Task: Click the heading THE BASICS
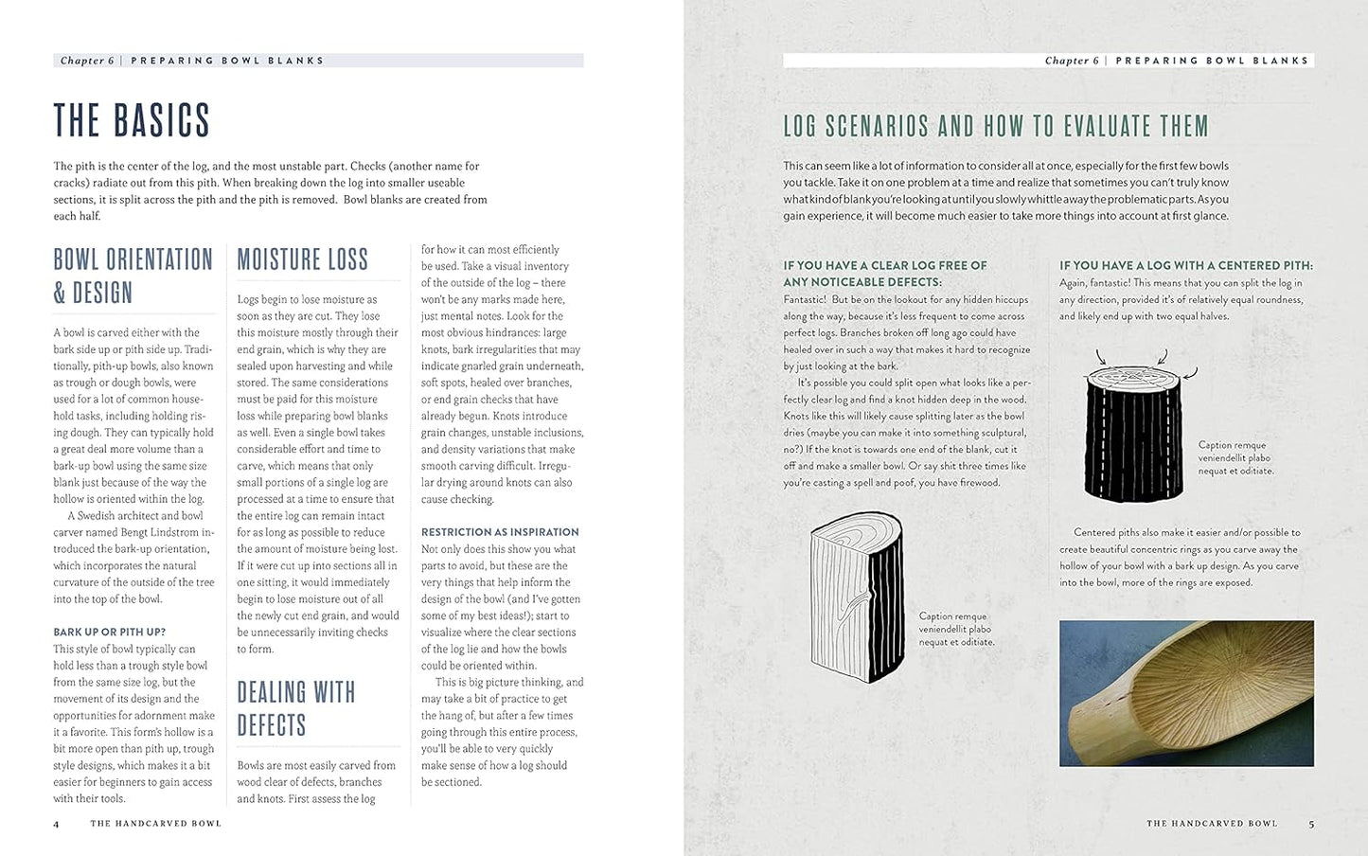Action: (x=132, y=120)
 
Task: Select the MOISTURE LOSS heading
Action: (x=302, y=259)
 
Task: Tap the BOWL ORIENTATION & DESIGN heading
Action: (x=133, y=276)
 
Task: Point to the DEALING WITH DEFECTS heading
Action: (x=295, y=708)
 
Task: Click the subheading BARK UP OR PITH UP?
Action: (x=109, y=632)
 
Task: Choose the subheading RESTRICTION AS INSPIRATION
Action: (x=499, y=532)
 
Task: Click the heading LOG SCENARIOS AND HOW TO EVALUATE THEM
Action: (x=996, y=126)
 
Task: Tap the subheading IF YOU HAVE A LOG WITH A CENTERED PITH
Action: (x=1185, y=266)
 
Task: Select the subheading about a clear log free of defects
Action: (x=884, y=274)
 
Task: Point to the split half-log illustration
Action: (x=856, y=592)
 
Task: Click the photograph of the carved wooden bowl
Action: (x=1186, y=693)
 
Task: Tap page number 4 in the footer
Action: (x=56, y=824)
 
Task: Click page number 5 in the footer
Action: (x=1311, y=824)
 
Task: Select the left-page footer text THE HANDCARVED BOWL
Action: (x=155, y=824)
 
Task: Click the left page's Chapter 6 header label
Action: (x=87, y=61)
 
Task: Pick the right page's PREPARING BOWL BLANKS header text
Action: (x=1212, y=61)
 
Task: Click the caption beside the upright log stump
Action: (x=1235, y=457)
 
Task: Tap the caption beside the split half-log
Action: (x=956, y=629)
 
